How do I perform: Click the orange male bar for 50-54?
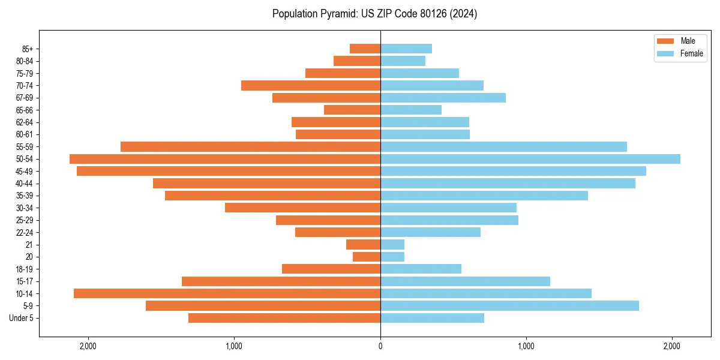tap(225, 159)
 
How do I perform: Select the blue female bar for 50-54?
tap(530, 159)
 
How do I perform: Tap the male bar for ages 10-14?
tap(227, 293)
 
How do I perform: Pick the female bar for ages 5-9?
tap(509, 306)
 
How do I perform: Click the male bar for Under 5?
tap(284, 318)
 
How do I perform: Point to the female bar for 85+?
tap(406, 49)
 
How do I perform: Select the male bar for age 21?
tap(363, 245)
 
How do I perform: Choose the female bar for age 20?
tap(392, 257)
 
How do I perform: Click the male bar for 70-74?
tap(311, 86)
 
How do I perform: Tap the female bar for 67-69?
tap(443, 98)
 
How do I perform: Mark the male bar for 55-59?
tap(250, 147)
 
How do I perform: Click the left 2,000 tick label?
tap(88, 347)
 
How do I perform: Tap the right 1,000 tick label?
tap(526, 347)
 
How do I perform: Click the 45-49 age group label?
tap(25, 172)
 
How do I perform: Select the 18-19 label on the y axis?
tap(25, 269)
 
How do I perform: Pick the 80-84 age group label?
tap(25, 61)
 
